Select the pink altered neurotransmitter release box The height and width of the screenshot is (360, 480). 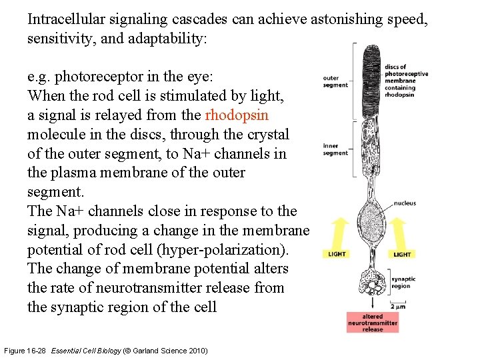tap(372, 323)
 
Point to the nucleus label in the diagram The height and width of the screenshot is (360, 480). tap(405, 203)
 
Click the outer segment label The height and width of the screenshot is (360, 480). tap(335, 81)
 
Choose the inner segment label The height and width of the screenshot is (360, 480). tap(335, 149)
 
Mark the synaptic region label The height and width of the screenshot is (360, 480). tap(403, 283)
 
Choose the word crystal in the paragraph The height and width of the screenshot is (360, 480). tap(267, 134)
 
